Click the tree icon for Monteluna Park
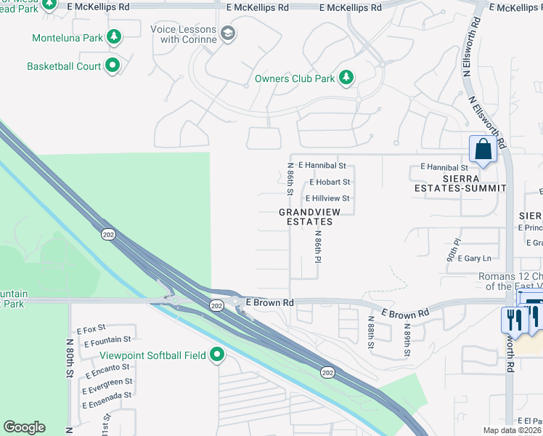pyautogui.click(x=113, y=37)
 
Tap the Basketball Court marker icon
pyautogui.click(x=113, y=66)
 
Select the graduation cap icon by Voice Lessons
pyautogui.click(x=228, y=33)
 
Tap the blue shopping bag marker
pyautogui.click(x=481, y=150)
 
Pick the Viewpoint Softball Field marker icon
pyautogui.click(x=217, y=355)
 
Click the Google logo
pyautogui.click(x=24, y=427)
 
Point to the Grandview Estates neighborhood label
pyautogui.click(x=306, y=217)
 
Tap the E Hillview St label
pyautogui.click(x=327, y=198)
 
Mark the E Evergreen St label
pyautogui.click(x=107, y=381)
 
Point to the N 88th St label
pyautogui.click(x=370, y=336)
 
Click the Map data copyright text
pyautogui.click(x=513, y=430)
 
